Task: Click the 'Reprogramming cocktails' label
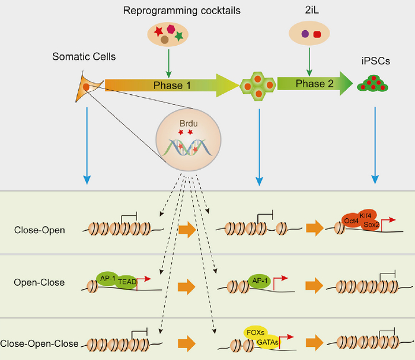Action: pyautogui.click(x=170, y=9)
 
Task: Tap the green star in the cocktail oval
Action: pyautogui.click(x=180, y=37)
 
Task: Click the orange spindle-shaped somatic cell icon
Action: pyautogui.click(x=88, y=88)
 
